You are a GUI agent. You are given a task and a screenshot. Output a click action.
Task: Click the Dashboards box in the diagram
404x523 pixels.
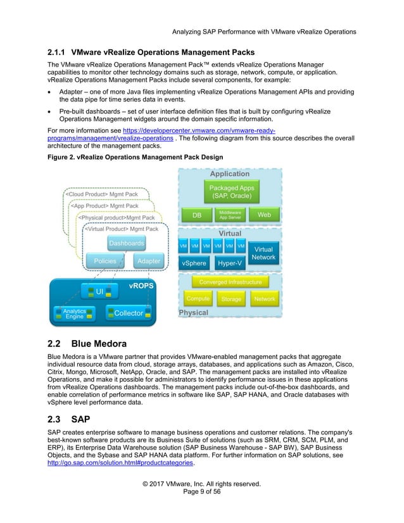[126, 243]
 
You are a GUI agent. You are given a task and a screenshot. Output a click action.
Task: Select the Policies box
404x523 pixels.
[104, 261]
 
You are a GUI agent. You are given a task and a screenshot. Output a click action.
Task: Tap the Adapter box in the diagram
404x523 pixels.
[149, 261]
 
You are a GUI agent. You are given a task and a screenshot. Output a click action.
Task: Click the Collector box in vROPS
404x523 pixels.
[129, 313]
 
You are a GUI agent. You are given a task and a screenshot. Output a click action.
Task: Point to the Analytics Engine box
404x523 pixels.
[74, 313]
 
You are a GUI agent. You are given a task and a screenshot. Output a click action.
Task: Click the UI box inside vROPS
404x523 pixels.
[101, 292]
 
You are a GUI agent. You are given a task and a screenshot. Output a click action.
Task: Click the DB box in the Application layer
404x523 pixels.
[197, 215]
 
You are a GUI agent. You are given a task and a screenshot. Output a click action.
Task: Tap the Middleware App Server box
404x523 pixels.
[230, 215]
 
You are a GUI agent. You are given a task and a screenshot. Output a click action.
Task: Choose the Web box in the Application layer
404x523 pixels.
[264, 215]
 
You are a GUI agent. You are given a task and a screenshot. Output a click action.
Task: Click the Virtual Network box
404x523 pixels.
[263, 253]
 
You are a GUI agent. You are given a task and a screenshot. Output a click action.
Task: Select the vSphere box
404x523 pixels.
[194, 262]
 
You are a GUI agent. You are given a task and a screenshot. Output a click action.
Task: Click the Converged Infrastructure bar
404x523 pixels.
[230, 282]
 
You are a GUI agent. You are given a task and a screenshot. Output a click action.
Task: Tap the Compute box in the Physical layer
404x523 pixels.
[198, 298]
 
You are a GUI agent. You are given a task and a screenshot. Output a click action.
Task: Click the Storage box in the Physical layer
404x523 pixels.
[231, 299]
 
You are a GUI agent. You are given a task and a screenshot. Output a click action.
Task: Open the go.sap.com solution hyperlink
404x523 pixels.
[118, 462]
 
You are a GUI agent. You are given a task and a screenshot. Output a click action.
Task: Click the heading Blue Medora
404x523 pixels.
[98, 344]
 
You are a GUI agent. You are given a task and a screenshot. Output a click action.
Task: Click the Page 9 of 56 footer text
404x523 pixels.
[203, 491]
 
